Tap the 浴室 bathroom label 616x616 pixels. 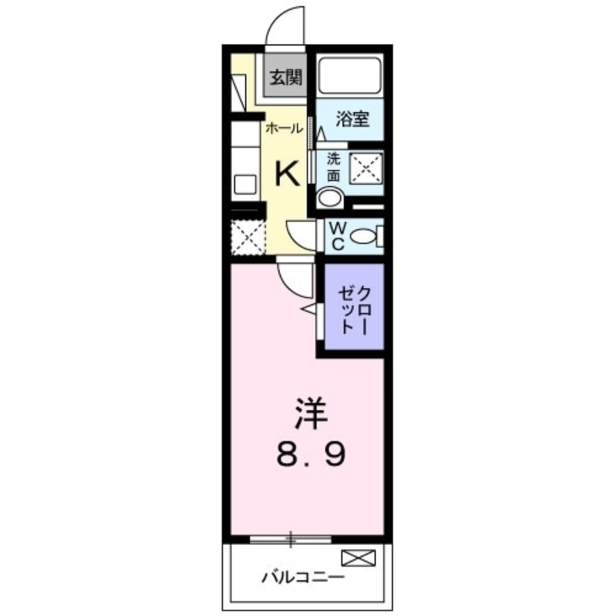tap(352, 120)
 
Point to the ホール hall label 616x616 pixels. tap(284, 129)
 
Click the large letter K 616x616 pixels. tap(287, 174)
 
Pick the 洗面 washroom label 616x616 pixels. tap(333, 166)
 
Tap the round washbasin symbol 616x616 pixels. tap(330, 198)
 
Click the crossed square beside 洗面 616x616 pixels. tap(367, 167)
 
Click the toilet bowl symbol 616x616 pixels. tap(368, 236)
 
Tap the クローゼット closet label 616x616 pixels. tap(355, 309)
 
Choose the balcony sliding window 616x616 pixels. tap(290, 540)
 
